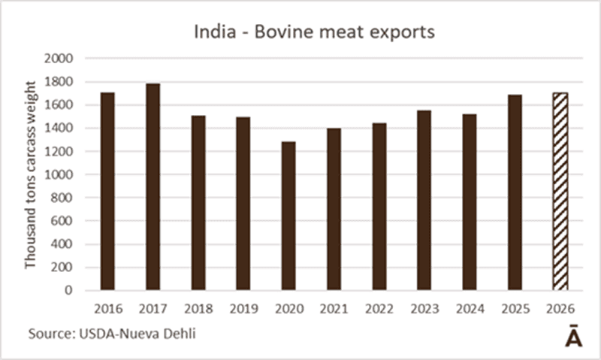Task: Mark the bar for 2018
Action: point(198,202)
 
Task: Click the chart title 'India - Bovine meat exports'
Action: point(300,33)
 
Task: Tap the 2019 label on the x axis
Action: point(243,307)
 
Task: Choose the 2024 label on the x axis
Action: point(470,307)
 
